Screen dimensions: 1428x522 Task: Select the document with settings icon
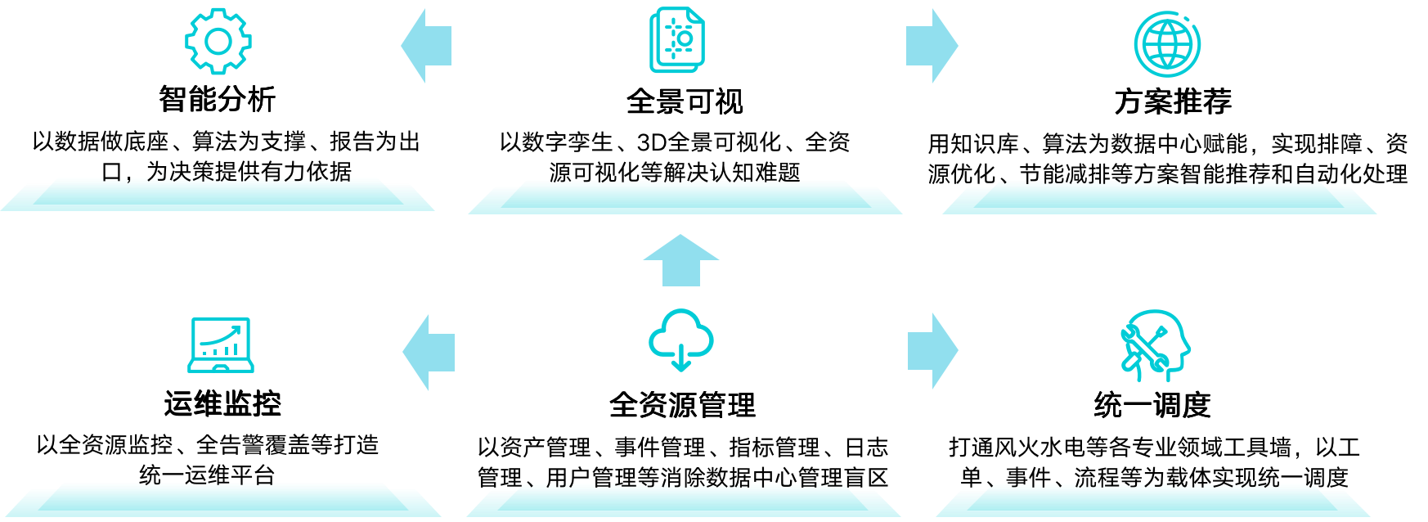[676, 40]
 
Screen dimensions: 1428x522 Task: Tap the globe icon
[1167, 43]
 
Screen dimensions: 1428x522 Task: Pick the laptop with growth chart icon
[220, 344]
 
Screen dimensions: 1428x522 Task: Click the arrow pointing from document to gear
[426, 46]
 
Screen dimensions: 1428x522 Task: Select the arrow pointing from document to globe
[932, 46]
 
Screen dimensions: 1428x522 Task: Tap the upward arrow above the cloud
[680, 260]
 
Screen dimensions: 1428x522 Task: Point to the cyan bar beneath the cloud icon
[684, 503]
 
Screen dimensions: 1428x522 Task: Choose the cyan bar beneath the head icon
[1153, 503]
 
